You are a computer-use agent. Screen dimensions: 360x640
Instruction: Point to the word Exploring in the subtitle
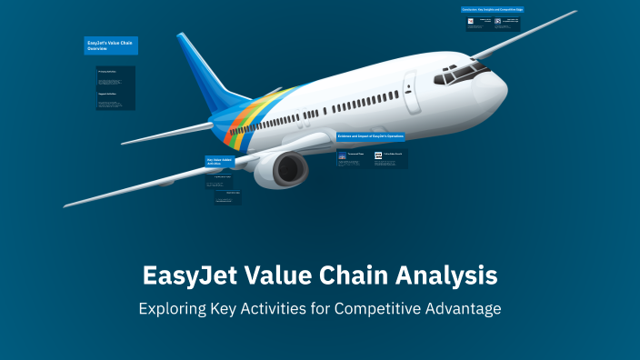(175, 309)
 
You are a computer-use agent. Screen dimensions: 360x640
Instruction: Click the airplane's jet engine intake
(292, 168)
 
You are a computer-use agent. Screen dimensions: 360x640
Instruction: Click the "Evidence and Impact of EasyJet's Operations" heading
(371, 136)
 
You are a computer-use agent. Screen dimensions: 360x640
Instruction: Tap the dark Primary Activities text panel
(116, 87)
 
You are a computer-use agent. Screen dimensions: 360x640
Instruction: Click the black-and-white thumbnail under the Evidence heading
(378, 156)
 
